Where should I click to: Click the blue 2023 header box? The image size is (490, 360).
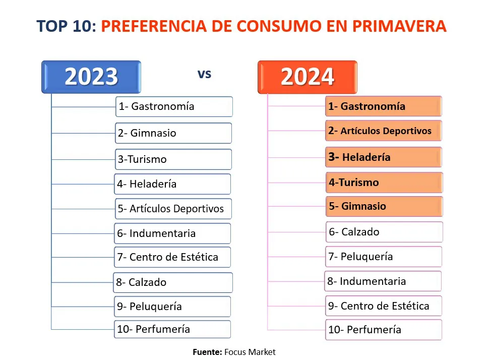(91, 77)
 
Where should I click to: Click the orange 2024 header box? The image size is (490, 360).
(307, 77)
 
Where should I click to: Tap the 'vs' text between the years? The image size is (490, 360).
(204, 74)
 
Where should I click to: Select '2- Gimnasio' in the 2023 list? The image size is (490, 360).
(173, 133)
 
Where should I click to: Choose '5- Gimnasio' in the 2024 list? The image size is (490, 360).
(384, 206)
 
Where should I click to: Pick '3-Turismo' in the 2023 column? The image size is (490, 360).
(173, 159)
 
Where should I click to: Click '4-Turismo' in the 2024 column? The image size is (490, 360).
(384, 183)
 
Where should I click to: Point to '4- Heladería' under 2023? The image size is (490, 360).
(172, 184)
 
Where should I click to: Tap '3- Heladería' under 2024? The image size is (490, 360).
(384, 157)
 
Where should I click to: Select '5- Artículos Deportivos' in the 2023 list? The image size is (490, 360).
(172, 208)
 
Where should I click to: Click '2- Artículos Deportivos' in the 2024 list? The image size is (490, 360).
(384, 131)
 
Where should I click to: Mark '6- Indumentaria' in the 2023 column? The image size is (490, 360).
(172, 233)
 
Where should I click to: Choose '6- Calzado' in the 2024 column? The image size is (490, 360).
(384, 232)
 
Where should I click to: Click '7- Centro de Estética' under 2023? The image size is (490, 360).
(172, 257)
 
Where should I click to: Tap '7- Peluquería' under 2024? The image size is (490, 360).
(384, 256)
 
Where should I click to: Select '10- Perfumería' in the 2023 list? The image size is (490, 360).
(172, 329)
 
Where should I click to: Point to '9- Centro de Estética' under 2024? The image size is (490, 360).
(384, 306)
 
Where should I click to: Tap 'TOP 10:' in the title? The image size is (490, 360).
(67, 26)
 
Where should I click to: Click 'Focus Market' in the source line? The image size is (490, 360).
(250, 352)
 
